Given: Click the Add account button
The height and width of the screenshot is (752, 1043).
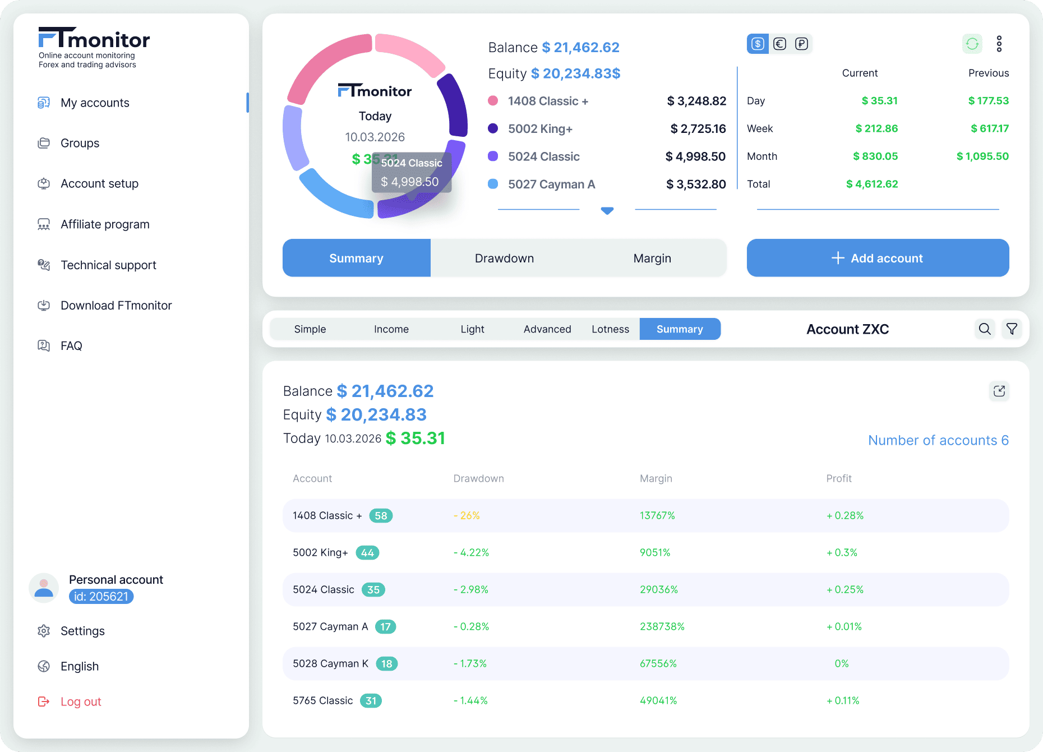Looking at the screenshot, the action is [878, 258].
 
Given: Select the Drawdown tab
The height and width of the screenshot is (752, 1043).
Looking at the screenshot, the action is [504, 258].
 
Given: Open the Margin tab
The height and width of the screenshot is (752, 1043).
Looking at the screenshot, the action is [652, 258].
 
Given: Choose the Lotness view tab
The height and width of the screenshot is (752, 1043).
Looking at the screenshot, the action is [610, 329].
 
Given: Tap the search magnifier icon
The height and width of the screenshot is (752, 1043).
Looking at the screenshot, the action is [985, 329].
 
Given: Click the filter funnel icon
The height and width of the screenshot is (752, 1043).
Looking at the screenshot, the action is [1012, 329].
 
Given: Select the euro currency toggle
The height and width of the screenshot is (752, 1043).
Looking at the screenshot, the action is [779, 44].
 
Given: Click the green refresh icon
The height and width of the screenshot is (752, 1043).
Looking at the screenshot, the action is [972, 44].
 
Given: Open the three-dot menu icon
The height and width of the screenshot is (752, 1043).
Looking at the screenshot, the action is [999, 44].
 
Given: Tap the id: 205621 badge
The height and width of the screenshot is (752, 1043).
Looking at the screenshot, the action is [101, 597].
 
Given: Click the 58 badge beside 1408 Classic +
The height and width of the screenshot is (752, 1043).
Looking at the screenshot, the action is [381, 515].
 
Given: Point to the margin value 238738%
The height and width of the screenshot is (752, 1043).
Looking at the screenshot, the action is [662, 626].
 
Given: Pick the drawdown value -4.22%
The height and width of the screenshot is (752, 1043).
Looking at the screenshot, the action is [471, 552].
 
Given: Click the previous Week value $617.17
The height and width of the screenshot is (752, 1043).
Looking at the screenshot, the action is [990, 128].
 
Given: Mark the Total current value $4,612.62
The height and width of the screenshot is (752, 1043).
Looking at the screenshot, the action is [872, 184].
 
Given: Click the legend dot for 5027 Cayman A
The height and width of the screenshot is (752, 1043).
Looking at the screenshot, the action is [493, 184].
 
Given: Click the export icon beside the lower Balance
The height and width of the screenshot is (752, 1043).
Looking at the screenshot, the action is [999, 391].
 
